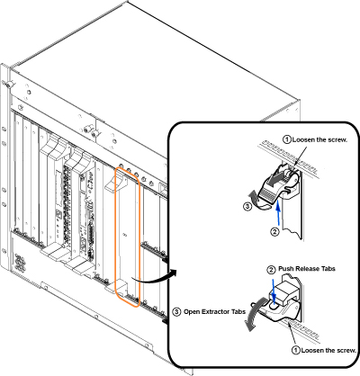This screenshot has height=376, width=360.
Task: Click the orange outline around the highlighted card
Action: coord(115,237)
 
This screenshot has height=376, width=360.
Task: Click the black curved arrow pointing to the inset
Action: coord(153,281)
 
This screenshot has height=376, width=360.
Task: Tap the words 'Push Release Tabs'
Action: coord(307,268)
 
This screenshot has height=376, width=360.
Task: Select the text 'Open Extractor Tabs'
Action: coord(214,311)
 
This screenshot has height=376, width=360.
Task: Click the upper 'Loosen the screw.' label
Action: coord(319,139)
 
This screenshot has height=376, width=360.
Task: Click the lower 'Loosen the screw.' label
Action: coord(328,350)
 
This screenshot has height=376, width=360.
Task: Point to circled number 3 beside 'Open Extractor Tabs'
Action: coord(176,312)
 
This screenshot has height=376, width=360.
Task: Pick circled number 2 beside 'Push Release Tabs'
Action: coord(271,270)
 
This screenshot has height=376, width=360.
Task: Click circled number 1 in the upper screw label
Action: coord(287,139)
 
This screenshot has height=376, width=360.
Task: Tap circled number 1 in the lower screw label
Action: coord(296,350)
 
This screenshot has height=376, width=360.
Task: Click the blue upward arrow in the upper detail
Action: coord(279,213)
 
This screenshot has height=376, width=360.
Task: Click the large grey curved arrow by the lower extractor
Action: coord(254,313)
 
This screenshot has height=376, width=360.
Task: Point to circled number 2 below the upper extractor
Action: coord(275,232)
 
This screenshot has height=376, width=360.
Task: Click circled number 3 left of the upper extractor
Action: coord(247,207)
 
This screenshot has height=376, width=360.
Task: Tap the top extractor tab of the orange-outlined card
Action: coord(117,182)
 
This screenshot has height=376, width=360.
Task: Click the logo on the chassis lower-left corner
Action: coord(20,262)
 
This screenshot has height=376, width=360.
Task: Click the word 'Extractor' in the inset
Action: coord(216,311)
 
